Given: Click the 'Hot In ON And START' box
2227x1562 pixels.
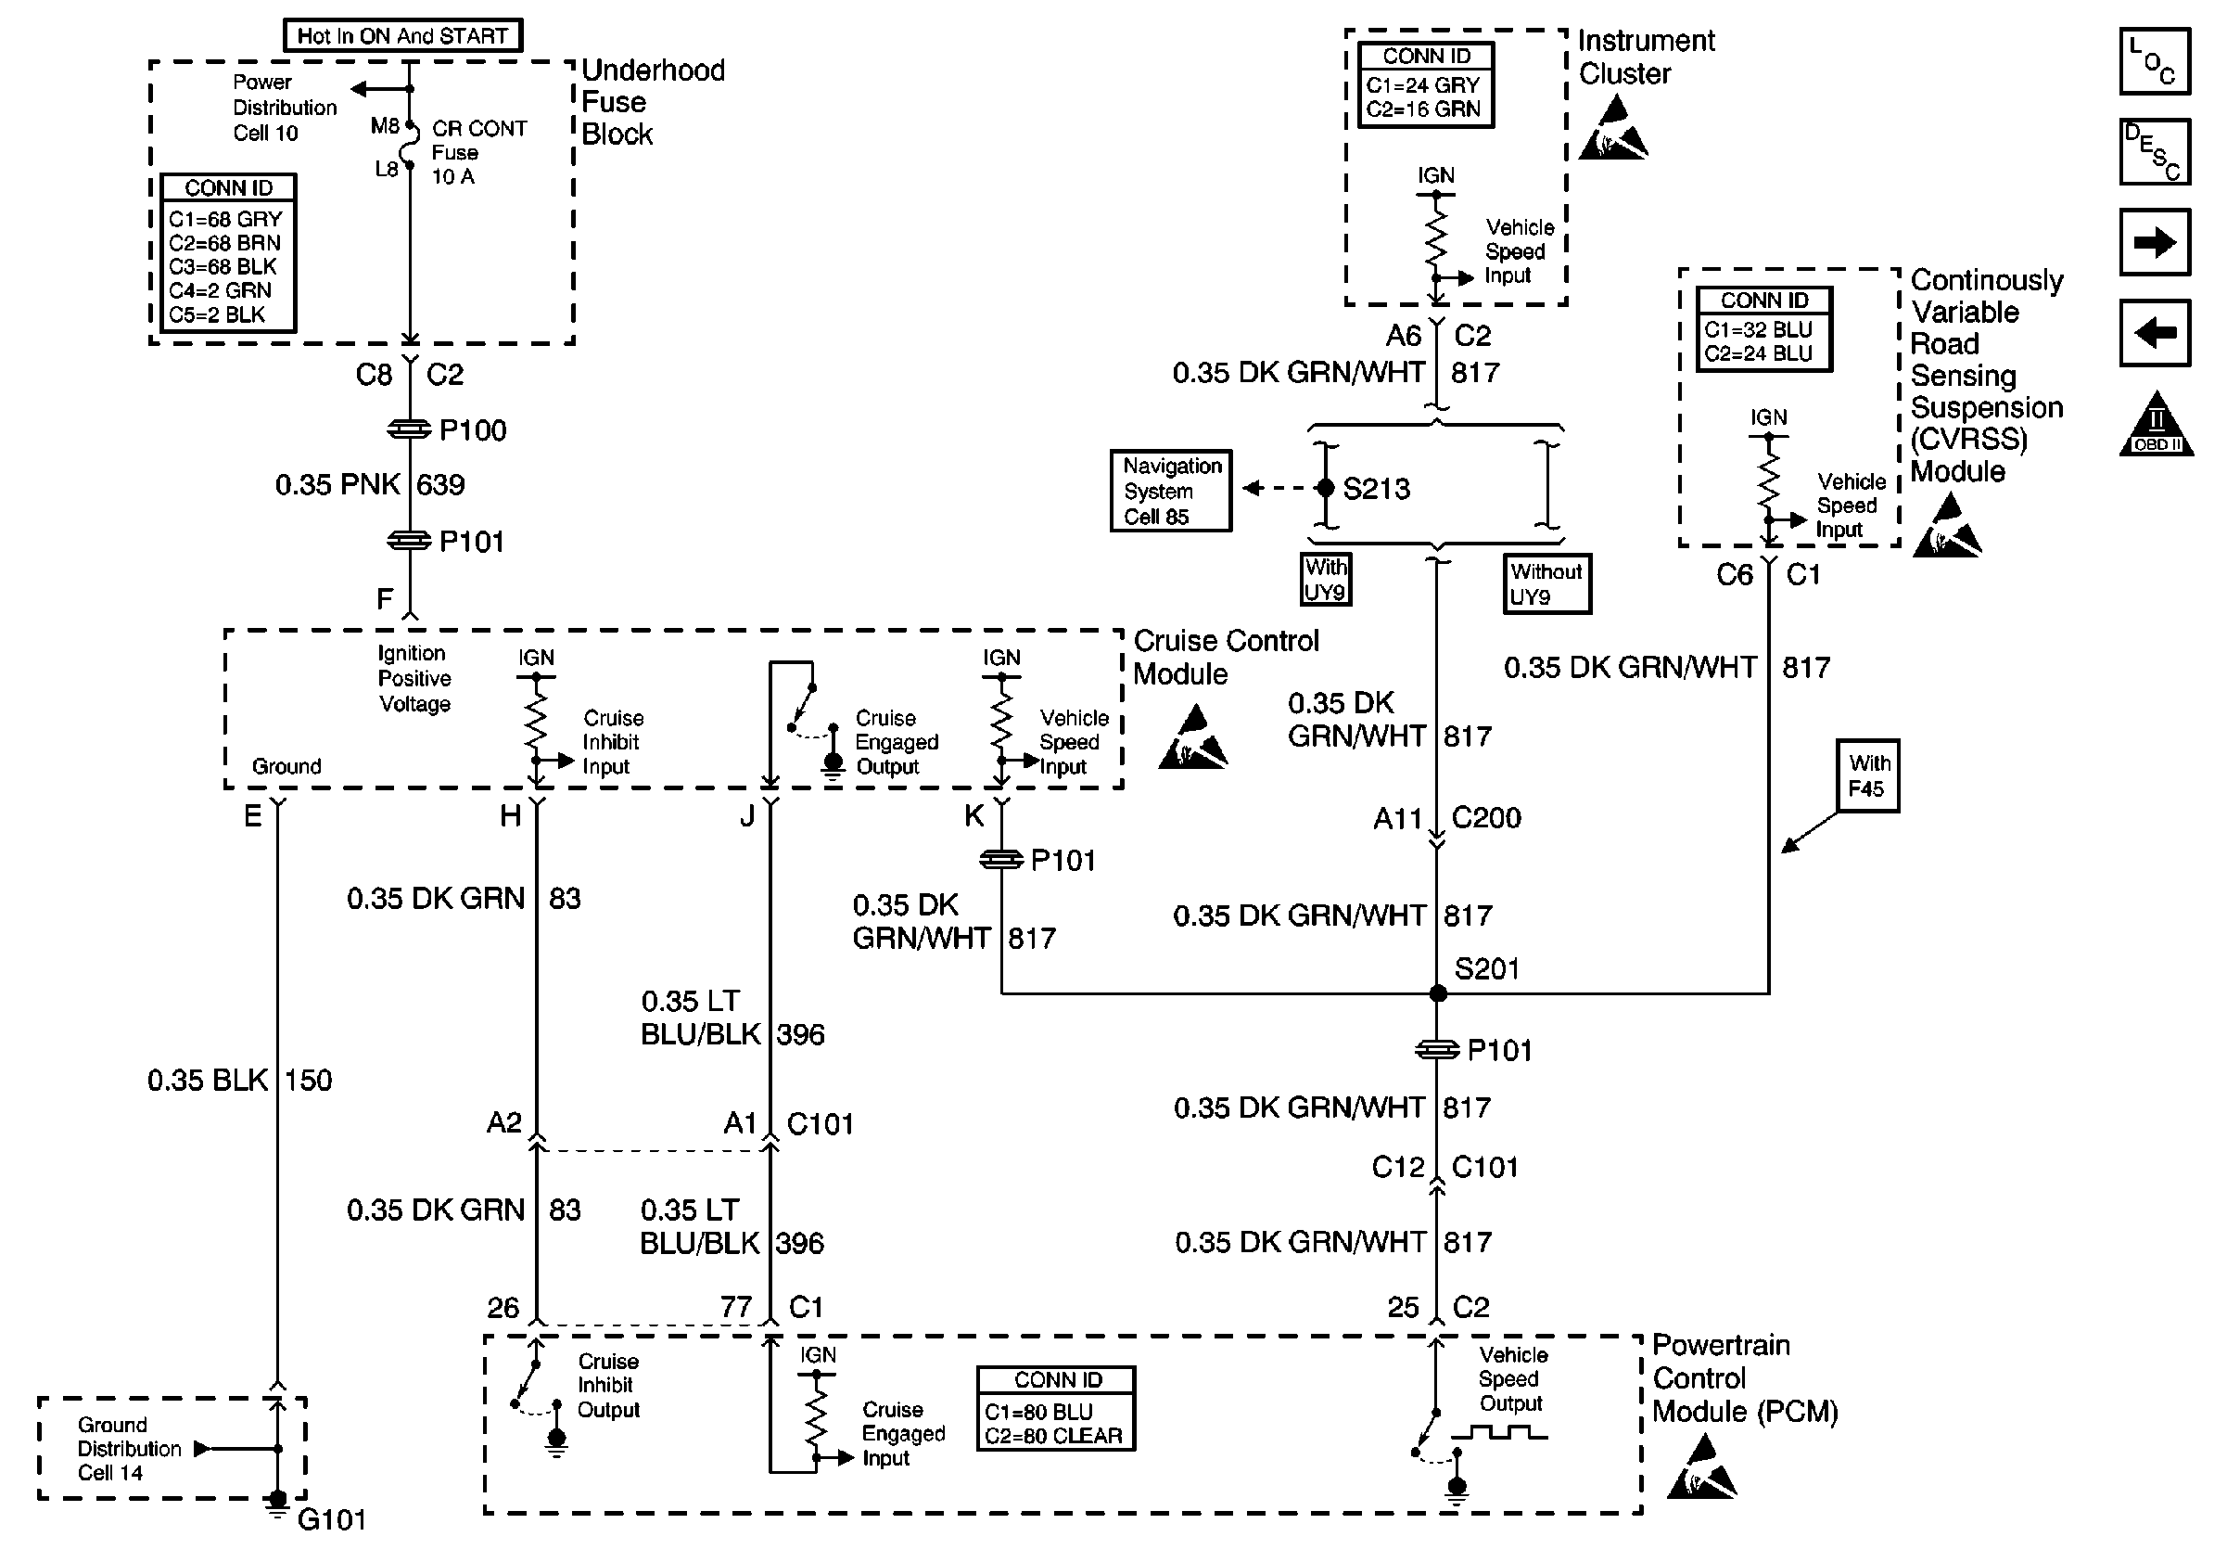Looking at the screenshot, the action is coord(402,36).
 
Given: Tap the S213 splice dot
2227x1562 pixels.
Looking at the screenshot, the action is coord(1326,488).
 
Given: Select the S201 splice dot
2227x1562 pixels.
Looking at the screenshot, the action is coord(1437,993).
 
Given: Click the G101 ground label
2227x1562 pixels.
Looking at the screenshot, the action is coord(332,1519).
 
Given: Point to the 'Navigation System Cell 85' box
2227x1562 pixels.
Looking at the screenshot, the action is coord(1171,491).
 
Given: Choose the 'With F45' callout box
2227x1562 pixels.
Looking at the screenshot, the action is coord(1867,776).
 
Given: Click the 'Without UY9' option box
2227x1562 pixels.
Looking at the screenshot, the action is coord(1547,584).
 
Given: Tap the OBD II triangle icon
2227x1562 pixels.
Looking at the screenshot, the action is coord(2157,425).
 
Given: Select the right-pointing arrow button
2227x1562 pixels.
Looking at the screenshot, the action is coord(2155,242).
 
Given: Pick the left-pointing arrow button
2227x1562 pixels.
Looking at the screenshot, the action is coord(2155,333).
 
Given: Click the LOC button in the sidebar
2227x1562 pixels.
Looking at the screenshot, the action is coord(2155,61).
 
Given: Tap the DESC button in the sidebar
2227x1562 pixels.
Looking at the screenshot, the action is coord(2155,151).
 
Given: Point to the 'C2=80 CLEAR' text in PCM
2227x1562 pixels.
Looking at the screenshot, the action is coord(1053,1436).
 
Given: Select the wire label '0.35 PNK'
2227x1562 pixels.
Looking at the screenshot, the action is coord(337,484).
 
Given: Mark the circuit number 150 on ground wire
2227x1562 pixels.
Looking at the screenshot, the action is coord(309,1080).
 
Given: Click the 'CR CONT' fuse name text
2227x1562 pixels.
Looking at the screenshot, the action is coord(479,128).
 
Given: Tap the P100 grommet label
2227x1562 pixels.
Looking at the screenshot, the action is coord(472,429).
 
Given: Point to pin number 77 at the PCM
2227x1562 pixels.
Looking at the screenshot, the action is coord(736,1307).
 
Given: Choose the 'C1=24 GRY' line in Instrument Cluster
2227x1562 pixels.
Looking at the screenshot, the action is coord(1423,85).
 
